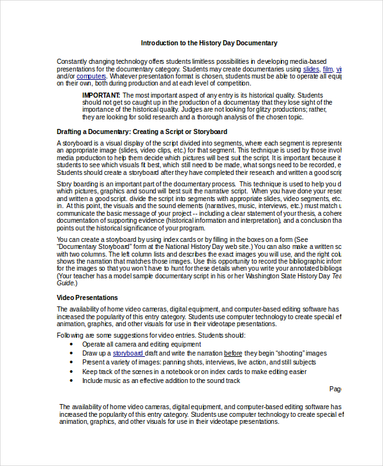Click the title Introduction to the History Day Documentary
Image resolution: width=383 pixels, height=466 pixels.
[209, 43]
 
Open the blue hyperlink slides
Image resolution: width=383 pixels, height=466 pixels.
[311, 68]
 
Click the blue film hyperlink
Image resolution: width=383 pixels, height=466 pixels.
[327, 68]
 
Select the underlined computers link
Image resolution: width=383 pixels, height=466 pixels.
[91, 76]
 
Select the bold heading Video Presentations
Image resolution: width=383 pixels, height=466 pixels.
[87, 297]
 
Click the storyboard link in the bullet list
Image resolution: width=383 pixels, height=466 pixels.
[128, 353]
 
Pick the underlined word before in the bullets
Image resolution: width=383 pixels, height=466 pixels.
[233, 353]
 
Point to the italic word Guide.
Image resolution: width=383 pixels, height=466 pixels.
[66, 283]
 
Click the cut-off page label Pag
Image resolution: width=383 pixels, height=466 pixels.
[336, 388]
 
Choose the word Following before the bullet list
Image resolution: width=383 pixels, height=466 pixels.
[72, 335]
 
